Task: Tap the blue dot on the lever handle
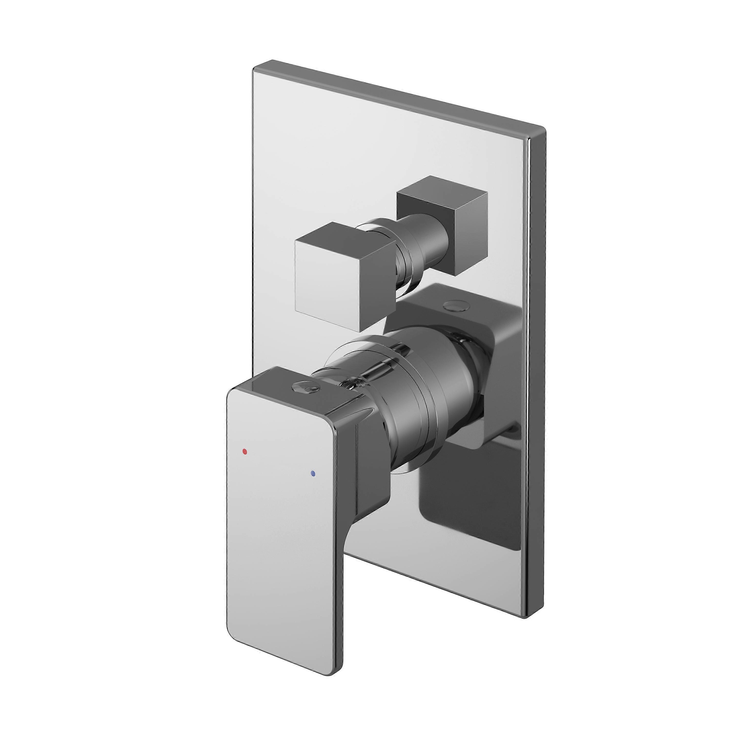(x=312, y=473)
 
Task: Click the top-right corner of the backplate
(x=545, y=129)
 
